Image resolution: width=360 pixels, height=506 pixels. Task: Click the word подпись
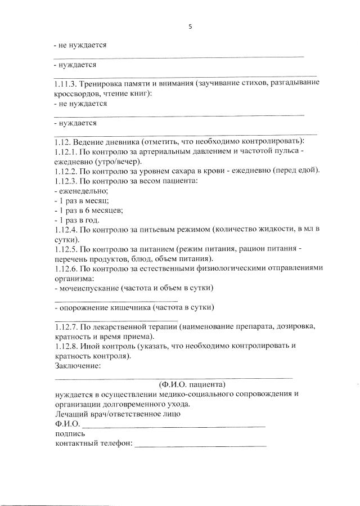[x=70, y=433]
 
